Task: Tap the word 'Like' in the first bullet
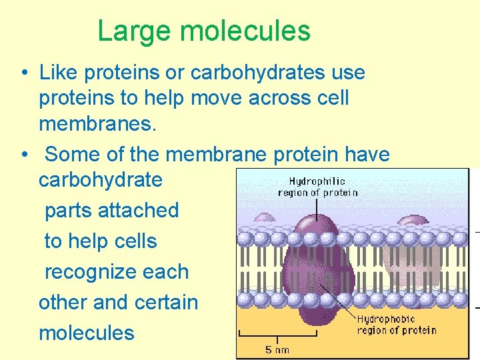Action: [x=58, y=72]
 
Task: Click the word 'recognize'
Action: [x=116, y=271]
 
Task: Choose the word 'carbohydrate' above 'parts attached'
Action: [x=100, y=180]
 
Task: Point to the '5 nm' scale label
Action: [x=277, y=350]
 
